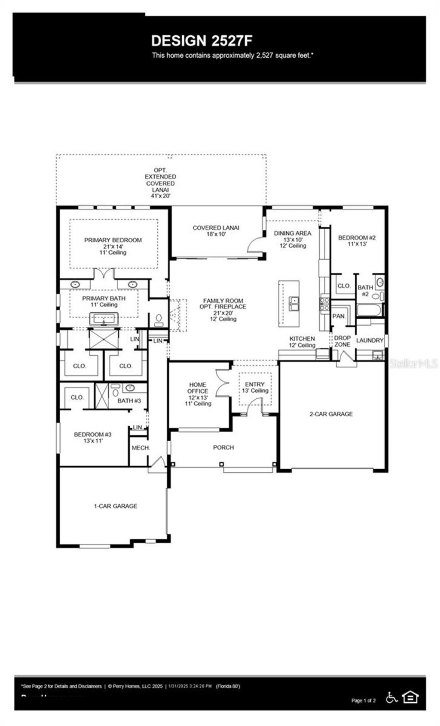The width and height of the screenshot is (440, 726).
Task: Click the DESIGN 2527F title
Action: [x=202, y=41]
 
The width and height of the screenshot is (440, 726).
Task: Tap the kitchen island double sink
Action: [x=294, y=304]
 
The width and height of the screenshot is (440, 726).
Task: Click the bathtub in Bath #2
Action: [x=368, y=311]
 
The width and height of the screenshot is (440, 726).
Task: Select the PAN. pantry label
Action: [x=339, y=316]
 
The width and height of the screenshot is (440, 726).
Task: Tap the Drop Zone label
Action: [x=342, y=341]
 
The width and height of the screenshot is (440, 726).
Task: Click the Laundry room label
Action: [x=370, y=340]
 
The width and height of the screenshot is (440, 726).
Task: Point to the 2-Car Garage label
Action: [x=331, y=414]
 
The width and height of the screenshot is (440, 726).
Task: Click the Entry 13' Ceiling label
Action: [x=255, y=387]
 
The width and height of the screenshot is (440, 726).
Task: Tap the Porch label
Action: [x=223, y=447]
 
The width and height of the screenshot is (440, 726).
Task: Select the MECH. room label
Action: [x=141, y=448]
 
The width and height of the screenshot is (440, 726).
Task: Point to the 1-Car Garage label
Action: [x=116, y=506]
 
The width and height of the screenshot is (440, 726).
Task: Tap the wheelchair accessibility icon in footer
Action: [x=391, y=697]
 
